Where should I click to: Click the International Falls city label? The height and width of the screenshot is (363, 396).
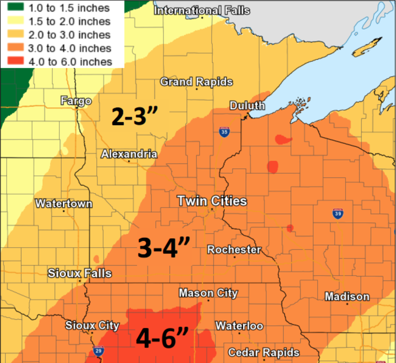click(202, 11)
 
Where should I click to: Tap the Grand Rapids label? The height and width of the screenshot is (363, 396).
click(196, 82)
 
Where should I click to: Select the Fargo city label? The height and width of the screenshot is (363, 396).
click(76, 101)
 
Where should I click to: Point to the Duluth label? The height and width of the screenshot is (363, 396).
click(247, 106)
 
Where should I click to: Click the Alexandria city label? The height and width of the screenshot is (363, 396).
click(129, 154)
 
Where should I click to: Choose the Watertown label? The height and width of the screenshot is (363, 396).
click(64, 203)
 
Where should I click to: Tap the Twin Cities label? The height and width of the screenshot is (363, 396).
click(212, 201)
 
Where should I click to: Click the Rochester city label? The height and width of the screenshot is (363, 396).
click(234, 250)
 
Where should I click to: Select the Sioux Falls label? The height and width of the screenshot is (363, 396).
click(80, 273)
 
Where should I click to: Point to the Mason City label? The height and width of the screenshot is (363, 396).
click(208, 293)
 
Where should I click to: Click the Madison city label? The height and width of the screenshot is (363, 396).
click(347, 297)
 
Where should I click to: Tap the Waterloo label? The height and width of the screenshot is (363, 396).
click(239, 326)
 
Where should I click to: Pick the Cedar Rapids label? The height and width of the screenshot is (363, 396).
click(264, 353)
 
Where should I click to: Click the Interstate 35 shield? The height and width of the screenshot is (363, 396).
click(224, 132)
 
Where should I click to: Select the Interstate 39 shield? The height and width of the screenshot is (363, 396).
click(338, 214)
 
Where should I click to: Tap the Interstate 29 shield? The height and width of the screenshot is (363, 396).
click(98, 351)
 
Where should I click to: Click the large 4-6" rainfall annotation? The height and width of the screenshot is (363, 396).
click(162, 338)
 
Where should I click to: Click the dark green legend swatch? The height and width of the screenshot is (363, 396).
click(16, 7)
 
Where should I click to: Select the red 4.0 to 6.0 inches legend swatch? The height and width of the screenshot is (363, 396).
click(16, 61)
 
